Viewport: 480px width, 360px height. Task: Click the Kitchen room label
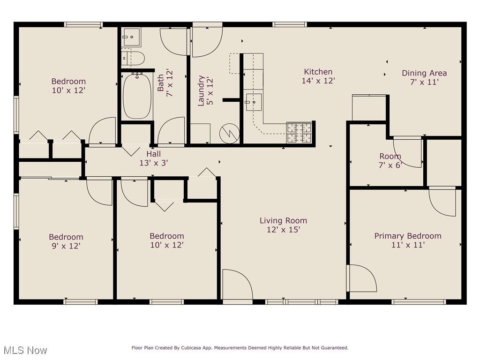(x=318, y=72)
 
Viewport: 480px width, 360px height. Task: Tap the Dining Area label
(x=424, y=73)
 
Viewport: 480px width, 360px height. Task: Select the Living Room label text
(x=284, y=220)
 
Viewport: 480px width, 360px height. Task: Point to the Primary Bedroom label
(x=408, y=236)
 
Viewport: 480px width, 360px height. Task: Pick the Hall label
(x=154, y=154)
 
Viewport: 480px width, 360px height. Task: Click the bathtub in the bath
(x=137, y=96)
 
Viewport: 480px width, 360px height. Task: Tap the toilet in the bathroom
(x=135, y=58)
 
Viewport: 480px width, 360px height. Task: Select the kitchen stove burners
(x=299, y=132)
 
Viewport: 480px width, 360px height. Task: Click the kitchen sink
(x=254, y=102)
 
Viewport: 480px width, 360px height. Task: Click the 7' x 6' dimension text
(x=390, y=165)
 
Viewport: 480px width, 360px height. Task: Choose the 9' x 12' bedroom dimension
(x=66, y=246)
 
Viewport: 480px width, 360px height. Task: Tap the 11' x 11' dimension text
(x=408, y=245)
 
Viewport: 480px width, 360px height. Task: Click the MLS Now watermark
(x=25, y=350)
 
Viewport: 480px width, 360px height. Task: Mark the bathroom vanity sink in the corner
(x=131, y=37)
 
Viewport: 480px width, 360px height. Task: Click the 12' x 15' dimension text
(x=284, y=230)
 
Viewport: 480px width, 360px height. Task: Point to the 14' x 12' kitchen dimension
(x=318, y=81)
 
